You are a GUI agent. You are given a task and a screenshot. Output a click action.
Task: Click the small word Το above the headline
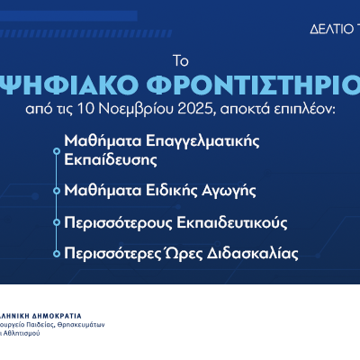tap(179, 61)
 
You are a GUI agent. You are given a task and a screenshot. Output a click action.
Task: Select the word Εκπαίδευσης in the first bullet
tap(106, 160)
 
